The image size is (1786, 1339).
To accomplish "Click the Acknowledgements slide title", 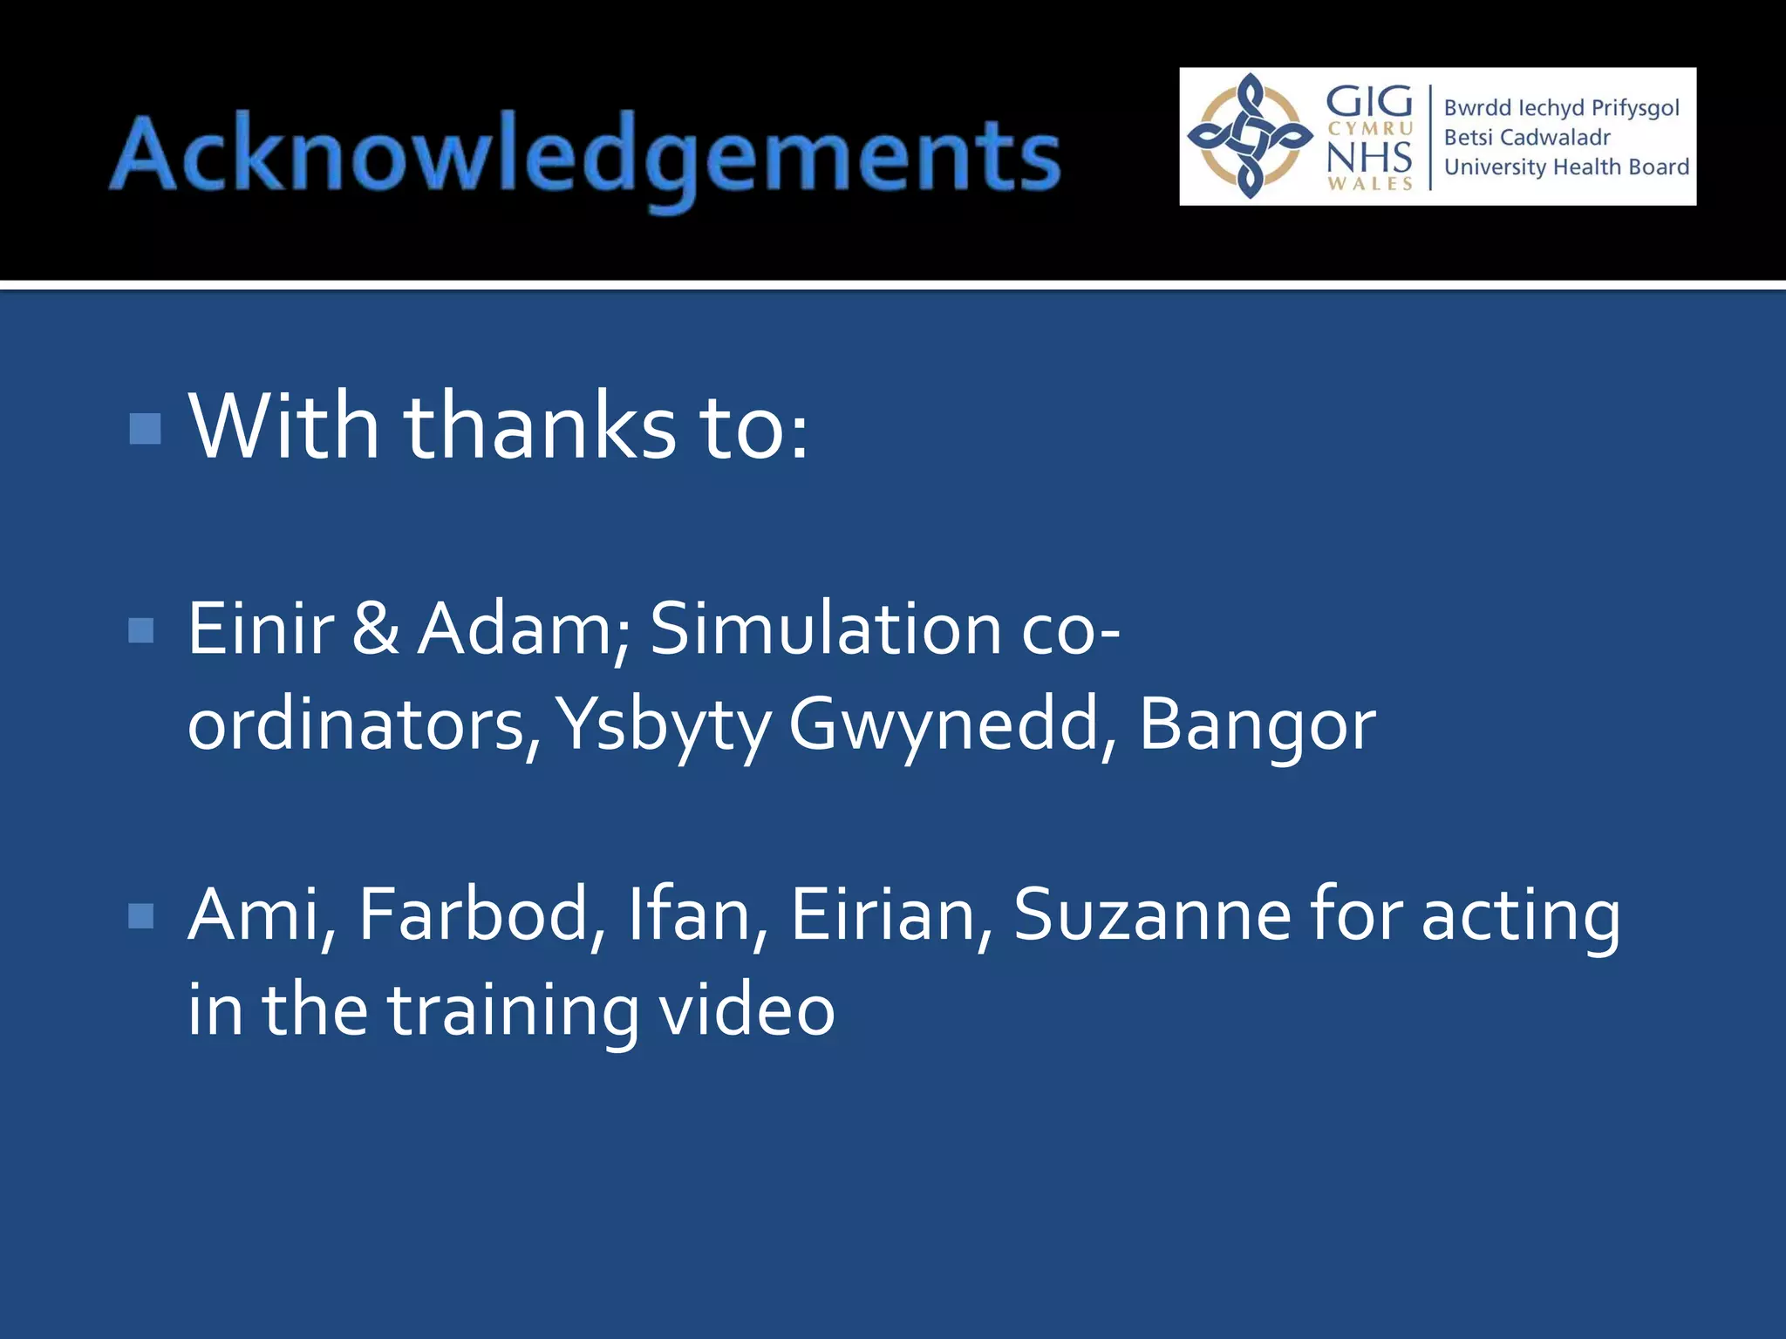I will pyautogui.click(x=584, y=157).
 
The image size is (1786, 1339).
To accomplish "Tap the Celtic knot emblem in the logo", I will pyautogui.click(x=1251, y=136).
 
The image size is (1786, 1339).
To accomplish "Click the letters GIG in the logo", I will pyautogui.click(x=1369, y=101).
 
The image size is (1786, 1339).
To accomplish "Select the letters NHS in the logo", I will pyautogui.click(x=1369, y=157).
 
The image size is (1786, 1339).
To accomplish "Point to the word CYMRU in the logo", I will pyautogui.click(x=1370, y=129).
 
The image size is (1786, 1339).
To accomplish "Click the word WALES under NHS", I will pyautogui.click(x=1370, y=184).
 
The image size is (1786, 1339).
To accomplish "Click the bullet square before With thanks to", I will pyautogui.click(x=145, y=428).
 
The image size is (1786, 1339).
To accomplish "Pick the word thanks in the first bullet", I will pyautogui.click(x=539, y=427).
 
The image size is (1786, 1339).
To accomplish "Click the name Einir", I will pyautogui.click(x=261, y=629).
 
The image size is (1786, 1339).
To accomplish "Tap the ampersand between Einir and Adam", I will pyautogui.click(x=376, y=629).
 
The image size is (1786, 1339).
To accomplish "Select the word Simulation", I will pyautogui.click(x=826, y=629).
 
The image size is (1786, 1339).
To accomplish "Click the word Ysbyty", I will pyautogui.click(x=663, y=725).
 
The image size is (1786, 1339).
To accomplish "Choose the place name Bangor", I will pyautogui.click(x=1257, y=725).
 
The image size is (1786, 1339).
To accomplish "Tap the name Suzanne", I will pyautogui.click(x=1152, y=915).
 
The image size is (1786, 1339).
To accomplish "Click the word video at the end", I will pyautogui.click(x=746, y=1010).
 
